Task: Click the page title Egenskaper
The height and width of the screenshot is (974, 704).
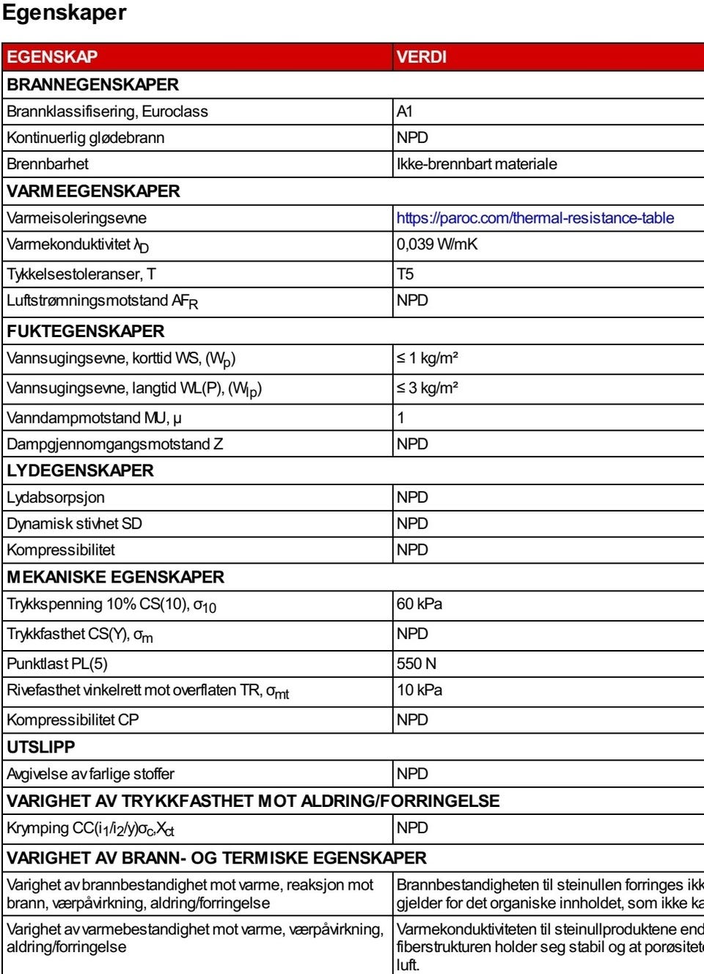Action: point(65,13)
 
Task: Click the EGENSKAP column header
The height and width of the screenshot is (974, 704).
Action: point(52,57)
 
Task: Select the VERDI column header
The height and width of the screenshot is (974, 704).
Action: point(422,57)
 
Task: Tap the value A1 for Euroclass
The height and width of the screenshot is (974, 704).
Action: point(405,111)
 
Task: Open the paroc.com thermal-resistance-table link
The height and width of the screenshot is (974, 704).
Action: point(535,218)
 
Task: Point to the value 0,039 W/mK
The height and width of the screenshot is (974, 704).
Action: point(437,244)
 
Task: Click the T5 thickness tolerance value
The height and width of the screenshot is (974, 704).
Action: point(406,274)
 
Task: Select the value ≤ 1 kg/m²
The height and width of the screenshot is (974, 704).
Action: point(428,358)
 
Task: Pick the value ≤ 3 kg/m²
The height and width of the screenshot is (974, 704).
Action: point(428,388)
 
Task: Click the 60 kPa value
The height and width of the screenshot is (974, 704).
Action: point(419,604)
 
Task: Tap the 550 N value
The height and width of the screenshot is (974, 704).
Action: point(417,664)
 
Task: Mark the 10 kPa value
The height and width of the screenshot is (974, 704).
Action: point(419,690)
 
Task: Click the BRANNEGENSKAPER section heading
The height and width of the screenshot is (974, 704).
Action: point(93,84)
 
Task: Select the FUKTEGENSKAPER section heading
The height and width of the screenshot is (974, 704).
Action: point(86,331)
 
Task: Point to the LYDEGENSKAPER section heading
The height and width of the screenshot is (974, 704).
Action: point(81,471)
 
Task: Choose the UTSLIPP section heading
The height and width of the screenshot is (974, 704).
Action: point(41,747)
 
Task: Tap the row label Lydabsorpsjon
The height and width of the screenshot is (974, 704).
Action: point(56,498)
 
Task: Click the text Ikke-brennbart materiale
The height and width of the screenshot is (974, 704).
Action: point(477,164)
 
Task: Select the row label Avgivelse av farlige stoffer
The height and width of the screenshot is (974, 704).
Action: point(91,774)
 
